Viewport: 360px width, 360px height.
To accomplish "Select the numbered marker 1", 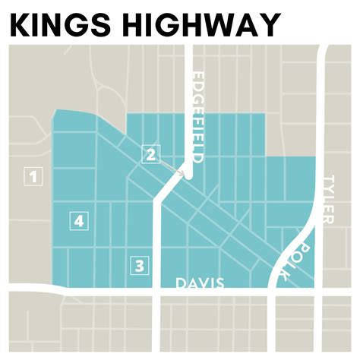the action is pyautogui.click(x=33, y=178).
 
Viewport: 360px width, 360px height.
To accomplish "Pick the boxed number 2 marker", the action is pyautogui.click(x=151, y=155).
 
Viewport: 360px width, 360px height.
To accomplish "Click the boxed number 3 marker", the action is pyautogui.click(x=139, y=266).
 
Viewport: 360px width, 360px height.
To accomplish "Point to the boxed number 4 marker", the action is pyautogui.click(x=79, y=221).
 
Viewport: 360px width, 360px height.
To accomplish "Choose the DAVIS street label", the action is pyautogui.click(x=201, y=283).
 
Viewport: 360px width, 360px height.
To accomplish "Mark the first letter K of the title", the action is pyautogui.click(x=21, y=24).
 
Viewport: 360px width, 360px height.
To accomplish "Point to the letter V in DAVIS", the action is pyautogui.click(x=202, y=283).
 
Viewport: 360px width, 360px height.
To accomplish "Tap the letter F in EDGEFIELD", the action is pyautogui.click(x=198, y=122).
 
